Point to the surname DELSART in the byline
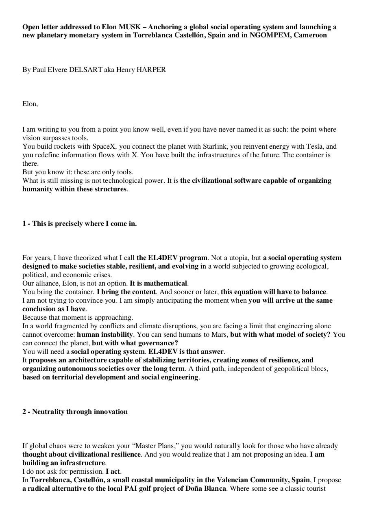coord(86,70)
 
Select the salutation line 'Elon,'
coord(30,104)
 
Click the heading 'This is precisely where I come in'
coord(84,224)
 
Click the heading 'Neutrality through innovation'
coord(80,412)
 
